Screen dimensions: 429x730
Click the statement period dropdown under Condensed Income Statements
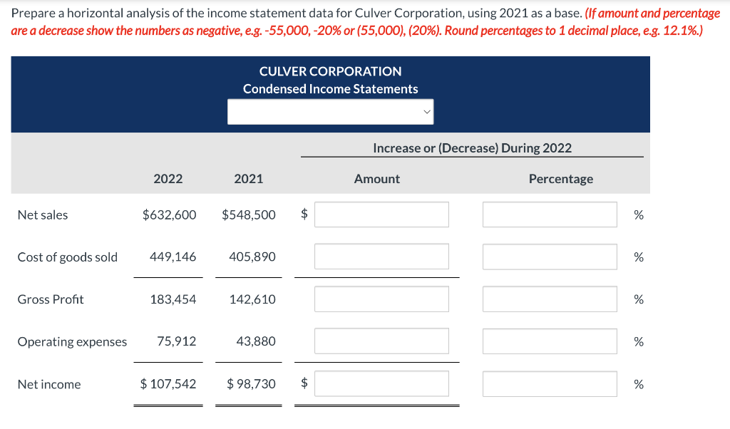pyautogui.click(x=330, y=112)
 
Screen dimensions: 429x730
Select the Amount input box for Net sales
pyautogui.click(x=381, y=214)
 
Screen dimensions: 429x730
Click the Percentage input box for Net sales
pyautogui.click(x=549, y=214)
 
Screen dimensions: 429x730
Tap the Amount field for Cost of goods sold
pyautogui.click(x=381, y=257)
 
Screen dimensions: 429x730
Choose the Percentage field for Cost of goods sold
pyautogui.click(x=549, y=257)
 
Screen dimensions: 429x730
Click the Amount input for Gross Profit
pyautogui.click(x=381, y=299)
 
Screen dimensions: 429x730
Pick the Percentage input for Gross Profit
pyautogui.click(x=549, y=299)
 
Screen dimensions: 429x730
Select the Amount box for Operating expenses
pyautogui.click(x=381, y=341)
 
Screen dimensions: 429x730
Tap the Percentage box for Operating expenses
pyautogui.click(x=549, y=341)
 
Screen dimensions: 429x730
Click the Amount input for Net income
pyautogui.click(x=381, y=384)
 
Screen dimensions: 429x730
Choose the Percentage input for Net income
pyautogui.click(x=549, y=384)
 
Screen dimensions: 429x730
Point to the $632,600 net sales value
pyautogui.click(x=170, y=214)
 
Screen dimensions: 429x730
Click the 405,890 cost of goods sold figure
pyautogui.click(x=252, y=257)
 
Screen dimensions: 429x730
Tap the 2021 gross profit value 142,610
pyautogui.click(x=252, y=299)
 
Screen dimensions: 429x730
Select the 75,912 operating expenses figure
pyautogui.click(x=176, y=341)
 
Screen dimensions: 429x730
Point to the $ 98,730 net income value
pyautogui.click(x=251, y=384)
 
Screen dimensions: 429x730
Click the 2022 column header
pyautogui.click(x=168, y=179)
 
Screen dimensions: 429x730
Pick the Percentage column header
pyautogui.click(x=560, y=179)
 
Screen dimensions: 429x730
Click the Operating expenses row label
pyautogui.click(x=72, y=341)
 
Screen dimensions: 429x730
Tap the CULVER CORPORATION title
pyautogui.click(x=330, y=71)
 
